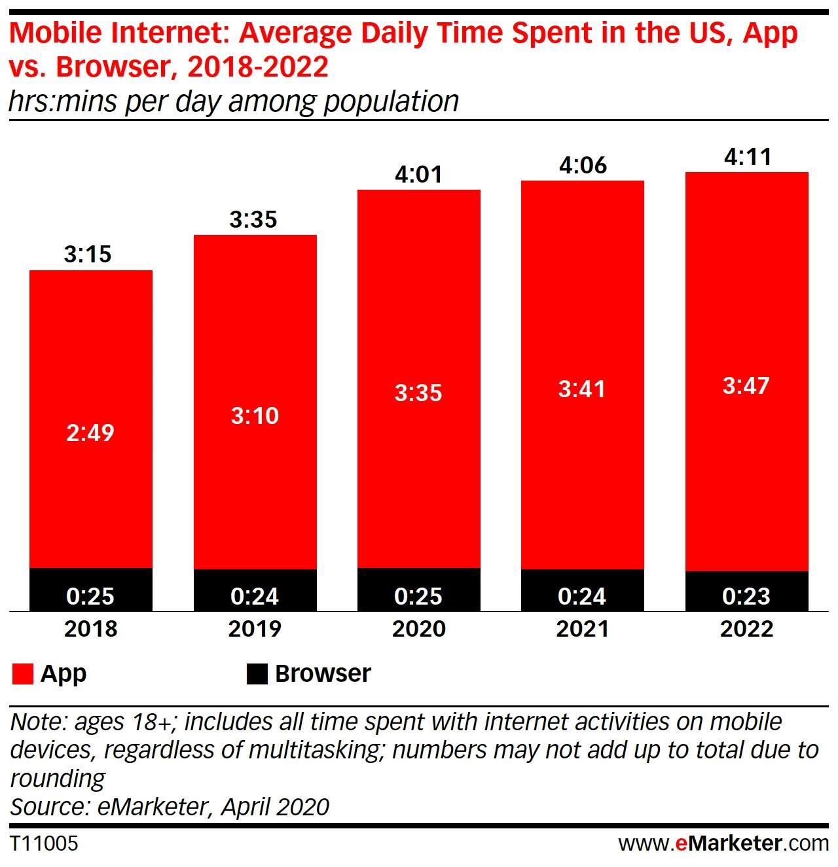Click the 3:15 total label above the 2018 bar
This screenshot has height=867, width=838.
point(88,254)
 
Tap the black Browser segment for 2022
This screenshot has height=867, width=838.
point(746,592)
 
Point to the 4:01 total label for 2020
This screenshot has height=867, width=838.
point(418,174)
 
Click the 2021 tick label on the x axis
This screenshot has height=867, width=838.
point(582,629)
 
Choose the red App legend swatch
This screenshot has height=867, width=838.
point(22,674)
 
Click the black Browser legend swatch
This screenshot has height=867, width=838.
point(257,674)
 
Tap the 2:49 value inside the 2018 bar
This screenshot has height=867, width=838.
point(90,433)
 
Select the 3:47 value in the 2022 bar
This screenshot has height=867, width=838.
point(746,385)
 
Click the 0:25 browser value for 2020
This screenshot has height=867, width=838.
point(418,596)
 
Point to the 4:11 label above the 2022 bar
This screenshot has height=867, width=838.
point(747,157)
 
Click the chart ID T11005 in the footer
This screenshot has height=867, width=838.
point(44,843)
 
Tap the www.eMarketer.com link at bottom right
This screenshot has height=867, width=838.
point(723,843)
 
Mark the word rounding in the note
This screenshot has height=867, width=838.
point(58,779)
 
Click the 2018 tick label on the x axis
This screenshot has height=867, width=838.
point(90,629)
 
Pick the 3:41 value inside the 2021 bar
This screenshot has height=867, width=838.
point(582,389)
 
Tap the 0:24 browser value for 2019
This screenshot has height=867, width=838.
point(255,596)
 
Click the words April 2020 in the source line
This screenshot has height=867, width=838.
point(275,807)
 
